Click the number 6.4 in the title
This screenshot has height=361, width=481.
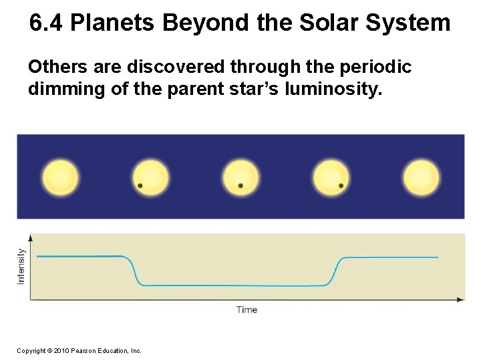pos(47,24)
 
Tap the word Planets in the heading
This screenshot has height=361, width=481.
pos(114,24)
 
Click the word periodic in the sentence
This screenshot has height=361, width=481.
pos(376,68)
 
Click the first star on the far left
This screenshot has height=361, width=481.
pos(60,178)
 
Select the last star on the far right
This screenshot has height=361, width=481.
pos(422,178)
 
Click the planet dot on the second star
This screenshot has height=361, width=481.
pos(140,185)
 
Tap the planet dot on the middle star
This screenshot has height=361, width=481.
pos(240,185)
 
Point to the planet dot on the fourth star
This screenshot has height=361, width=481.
pos(341,185)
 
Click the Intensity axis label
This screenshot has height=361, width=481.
pos(21,266)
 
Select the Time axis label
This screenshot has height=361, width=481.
pos(247,310)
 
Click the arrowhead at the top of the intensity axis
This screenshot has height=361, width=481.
pos(29,237)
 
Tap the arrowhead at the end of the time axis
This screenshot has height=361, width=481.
pos(461,299)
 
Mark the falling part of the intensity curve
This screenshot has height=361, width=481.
pos(134,271)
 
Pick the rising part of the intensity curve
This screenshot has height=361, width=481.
pos(333,271)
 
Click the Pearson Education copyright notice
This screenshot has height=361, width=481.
pos(79,350)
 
